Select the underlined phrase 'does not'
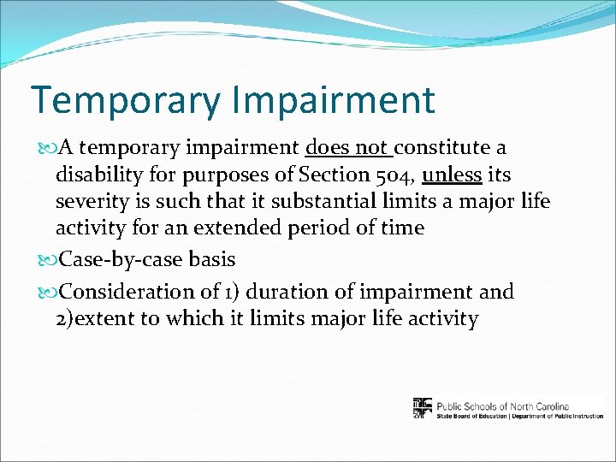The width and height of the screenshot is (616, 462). click(346, 148)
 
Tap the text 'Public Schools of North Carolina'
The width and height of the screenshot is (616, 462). click(501, 406)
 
